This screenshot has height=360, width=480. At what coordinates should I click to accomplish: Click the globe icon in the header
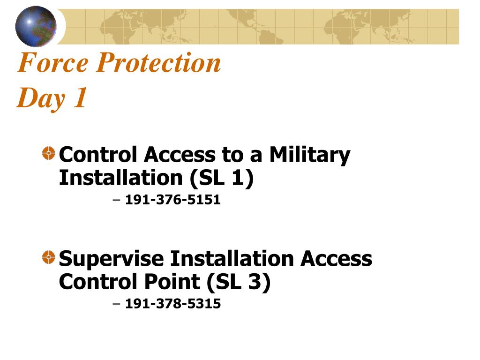click(36, 26)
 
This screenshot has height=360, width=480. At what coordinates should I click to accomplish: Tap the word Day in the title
click(41, 98)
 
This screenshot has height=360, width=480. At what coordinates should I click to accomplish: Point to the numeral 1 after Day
click(80, 97)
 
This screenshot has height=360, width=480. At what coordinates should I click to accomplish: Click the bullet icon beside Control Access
click(49, 153)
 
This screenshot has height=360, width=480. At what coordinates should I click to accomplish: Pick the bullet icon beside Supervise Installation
click(49, 257)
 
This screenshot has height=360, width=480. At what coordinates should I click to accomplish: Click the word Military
click(310, 155)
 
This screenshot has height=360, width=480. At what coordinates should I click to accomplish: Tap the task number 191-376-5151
click(173, 200)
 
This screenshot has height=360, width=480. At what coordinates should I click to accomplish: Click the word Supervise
click(112, 259)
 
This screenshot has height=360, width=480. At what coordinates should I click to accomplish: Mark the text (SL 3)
click(239, 282)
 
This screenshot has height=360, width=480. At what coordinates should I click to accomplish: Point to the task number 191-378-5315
click(173, 304)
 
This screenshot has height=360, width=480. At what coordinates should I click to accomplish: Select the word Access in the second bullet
click(336, 259)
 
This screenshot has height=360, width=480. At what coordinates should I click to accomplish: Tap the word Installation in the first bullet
click(121, 178)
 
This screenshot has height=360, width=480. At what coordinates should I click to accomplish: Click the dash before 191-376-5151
click(116, 200)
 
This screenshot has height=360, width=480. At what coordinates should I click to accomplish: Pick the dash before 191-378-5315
click(116, 304)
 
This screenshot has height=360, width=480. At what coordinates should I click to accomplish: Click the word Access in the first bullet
click(180, 155)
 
